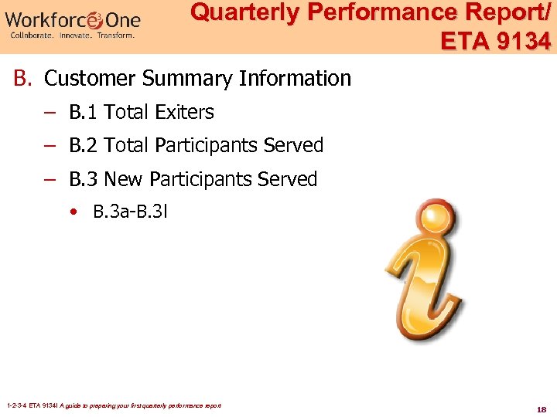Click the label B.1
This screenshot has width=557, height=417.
click(x=84, y=113)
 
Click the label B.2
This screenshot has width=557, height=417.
click(x=84, y=146)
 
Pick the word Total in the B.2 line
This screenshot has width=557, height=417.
click(x=127, y=146)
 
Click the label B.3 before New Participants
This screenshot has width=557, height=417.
click(x=84, y=180)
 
